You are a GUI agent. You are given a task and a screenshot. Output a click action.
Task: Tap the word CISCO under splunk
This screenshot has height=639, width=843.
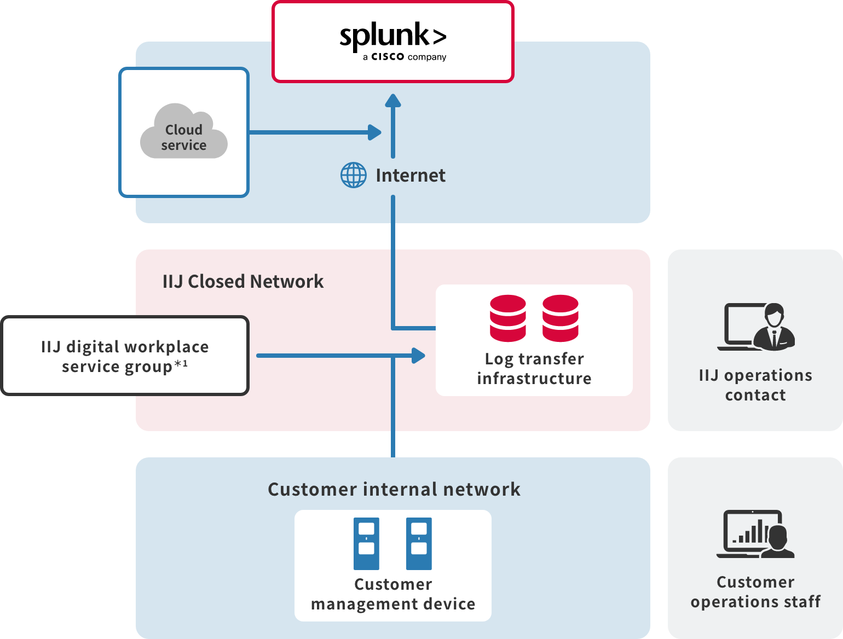pyautogui.click(x=388, y=57)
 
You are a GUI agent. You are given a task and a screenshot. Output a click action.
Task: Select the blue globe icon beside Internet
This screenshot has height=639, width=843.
pyautogui.click(x=354, y=175)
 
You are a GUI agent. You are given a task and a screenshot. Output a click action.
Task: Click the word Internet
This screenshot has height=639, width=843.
pyautogui.click(x=411, y=176)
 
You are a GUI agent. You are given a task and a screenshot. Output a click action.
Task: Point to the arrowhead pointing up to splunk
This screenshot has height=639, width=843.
pyautogui.click(x=393, y=101)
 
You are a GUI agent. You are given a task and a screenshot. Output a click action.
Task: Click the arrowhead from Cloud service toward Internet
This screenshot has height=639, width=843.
pyautogui.click(x=375, y=132)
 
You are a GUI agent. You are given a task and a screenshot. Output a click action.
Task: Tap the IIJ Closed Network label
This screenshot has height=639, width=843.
pyautogui.click(x=243, y=281)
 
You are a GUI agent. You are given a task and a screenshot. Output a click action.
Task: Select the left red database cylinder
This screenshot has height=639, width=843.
pyautogui.click(x=508, y=318)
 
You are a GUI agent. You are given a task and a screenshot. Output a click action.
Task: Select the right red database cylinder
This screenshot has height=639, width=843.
pyautogui.click(x=561, y=318)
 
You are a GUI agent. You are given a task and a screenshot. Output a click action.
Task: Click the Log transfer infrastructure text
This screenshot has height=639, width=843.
pyautogui.click(x=534, y=369)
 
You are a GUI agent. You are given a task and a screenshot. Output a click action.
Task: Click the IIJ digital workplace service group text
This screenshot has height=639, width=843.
pyautogui.click(x=125, y=357)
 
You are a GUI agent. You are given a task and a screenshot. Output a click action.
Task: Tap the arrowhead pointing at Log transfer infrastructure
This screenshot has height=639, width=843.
pyautogui.click(x=419, y=356)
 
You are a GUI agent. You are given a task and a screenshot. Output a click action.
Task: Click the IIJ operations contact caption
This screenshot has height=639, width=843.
pyautogui.click(x=755, y=385)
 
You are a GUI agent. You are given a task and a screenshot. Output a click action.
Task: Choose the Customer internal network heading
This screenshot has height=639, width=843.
pyautogui.click(x=394, y=489)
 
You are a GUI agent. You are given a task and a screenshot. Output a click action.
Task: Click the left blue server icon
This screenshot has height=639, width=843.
pyautogui.click(x=366, y=544)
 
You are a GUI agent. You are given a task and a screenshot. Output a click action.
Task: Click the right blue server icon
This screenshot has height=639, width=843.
pyautogui.click(x=419, y=544)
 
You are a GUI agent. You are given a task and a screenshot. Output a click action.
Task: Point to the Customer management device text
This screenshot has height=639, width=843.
pyautogui.click(x=393, y=594)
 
